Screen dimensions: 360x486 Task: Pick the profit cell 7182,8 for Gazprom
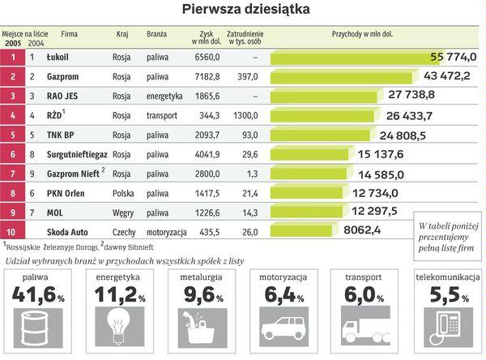click(206, 77)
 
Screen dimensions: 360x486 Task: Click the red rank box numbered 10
click(12, 232)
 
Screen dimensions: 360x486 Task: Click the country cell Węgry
click(123, 212)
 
